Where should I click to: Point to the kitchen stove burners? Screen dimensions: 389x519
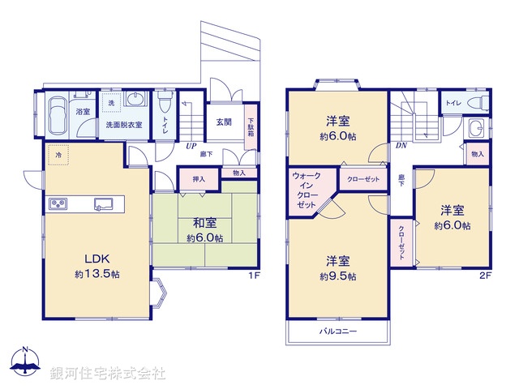[59, 203]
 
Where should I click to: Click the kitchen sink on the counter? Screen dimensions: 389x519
[104, 203]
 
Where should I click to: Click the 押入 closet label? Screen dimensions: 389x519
[198, 177]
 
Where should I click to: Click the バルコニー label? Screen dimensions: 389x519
[337, 331]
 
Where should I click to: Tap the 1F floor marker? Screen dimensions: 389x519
[253, 276]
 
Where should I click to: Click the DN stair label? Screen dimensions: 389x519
[401, 146]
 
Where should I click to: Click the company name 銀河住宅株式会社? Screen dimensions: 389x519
[108, 374]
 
